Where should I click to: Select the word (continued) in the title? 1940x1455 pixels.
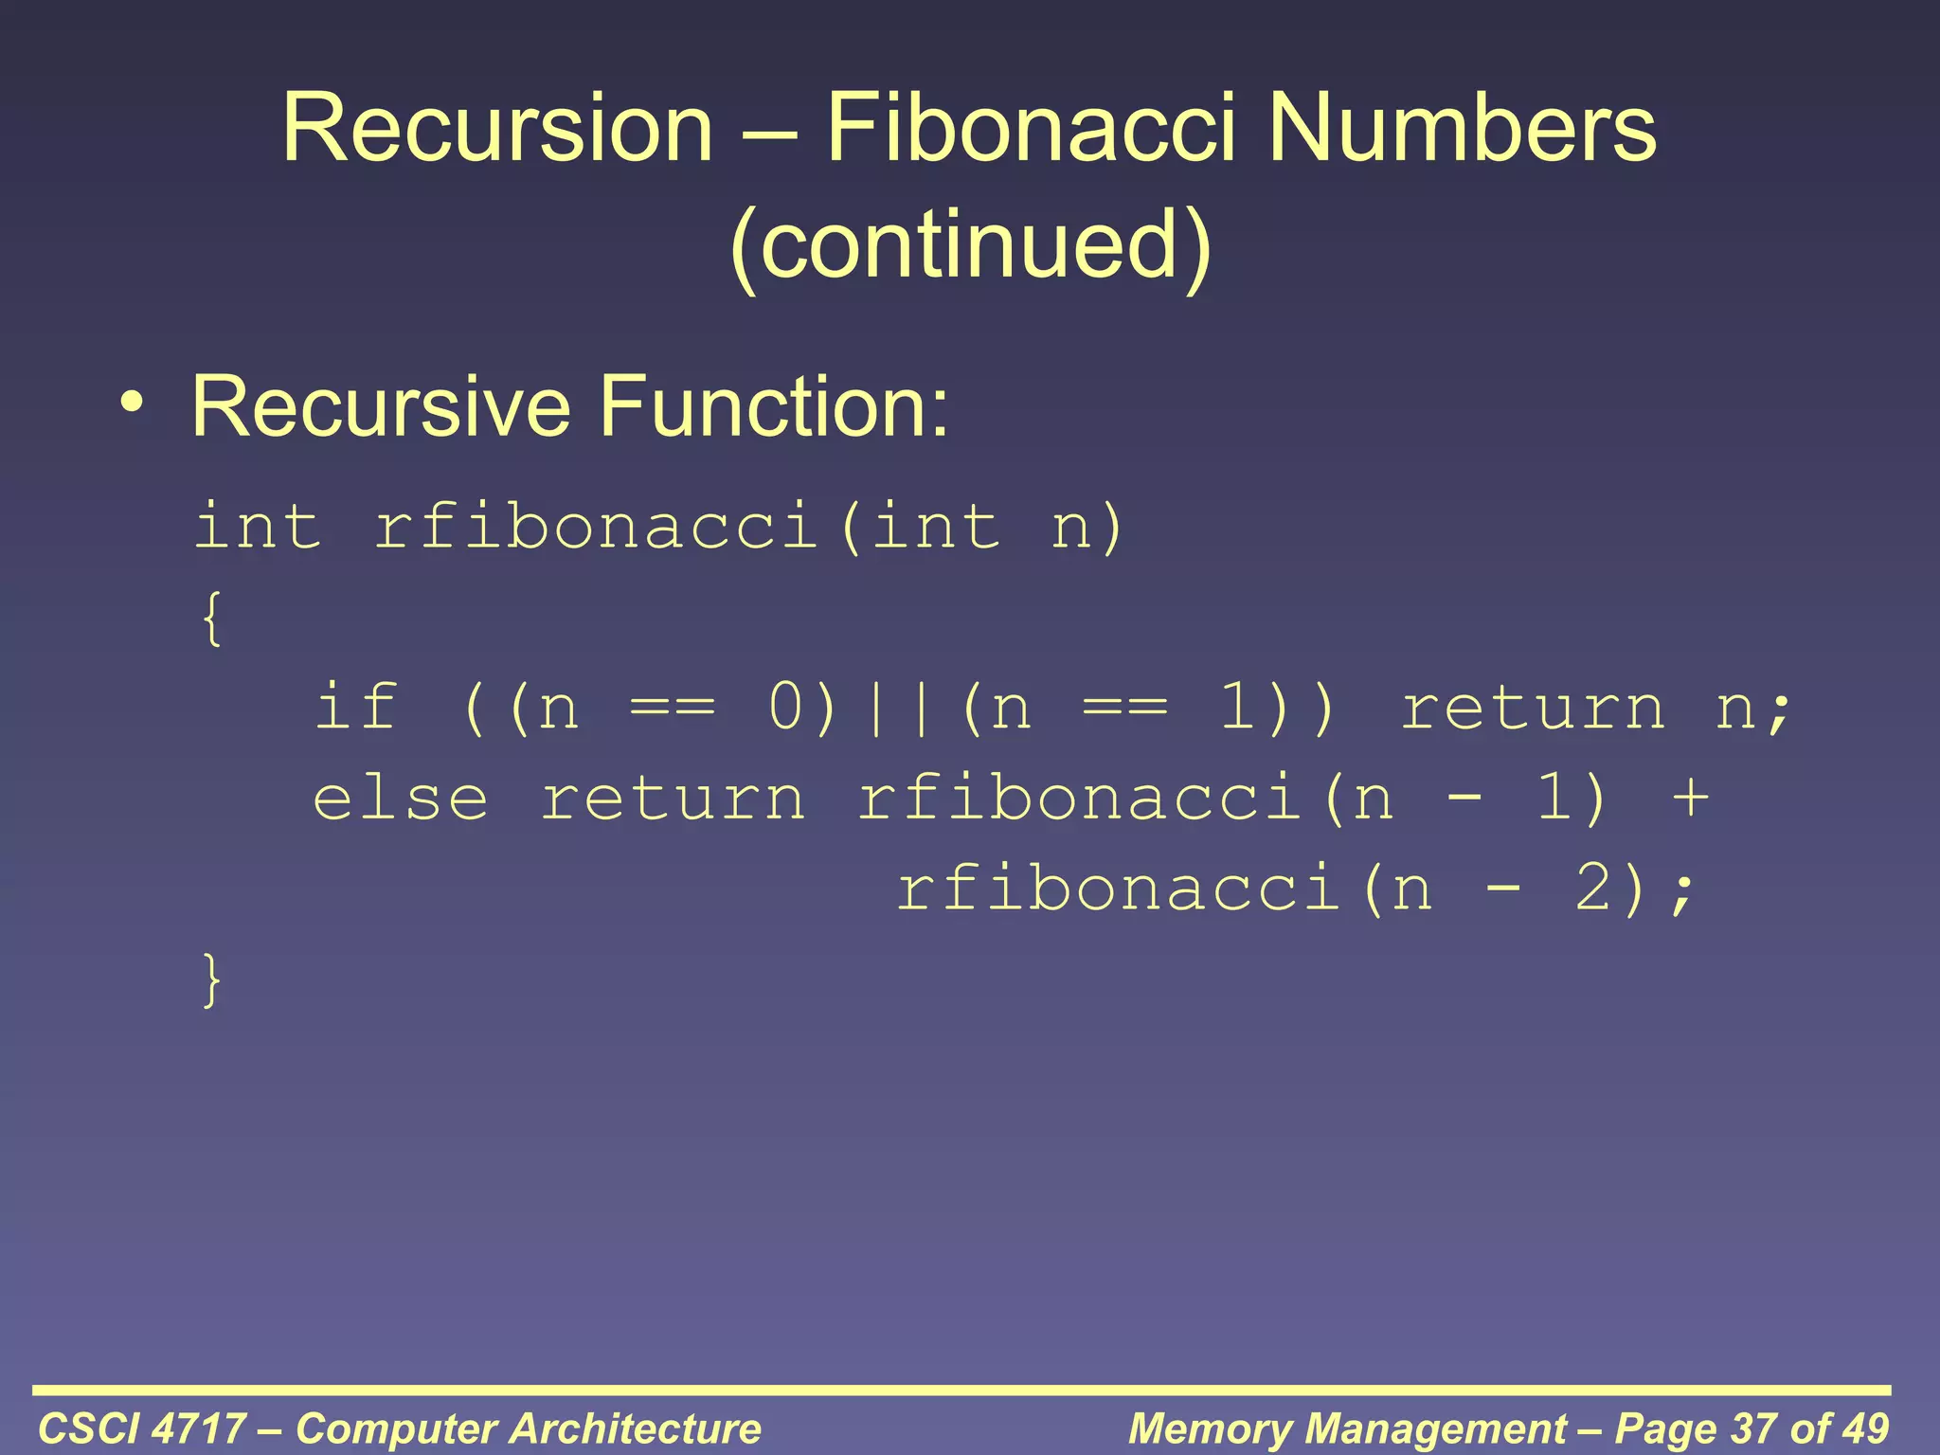[970, 244]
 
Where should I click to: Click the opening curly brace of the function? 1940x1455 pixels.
[213, 619]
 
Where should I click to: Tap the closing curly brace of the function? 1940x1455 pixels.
[213, 980]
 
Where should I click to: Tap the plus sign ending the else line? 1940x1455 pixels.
[1690, 798]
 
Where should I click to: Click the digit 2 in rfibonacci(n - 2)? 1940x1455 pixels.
[1593, 889]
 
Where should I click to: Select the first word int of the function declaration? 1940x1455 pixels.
[258, 526]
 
